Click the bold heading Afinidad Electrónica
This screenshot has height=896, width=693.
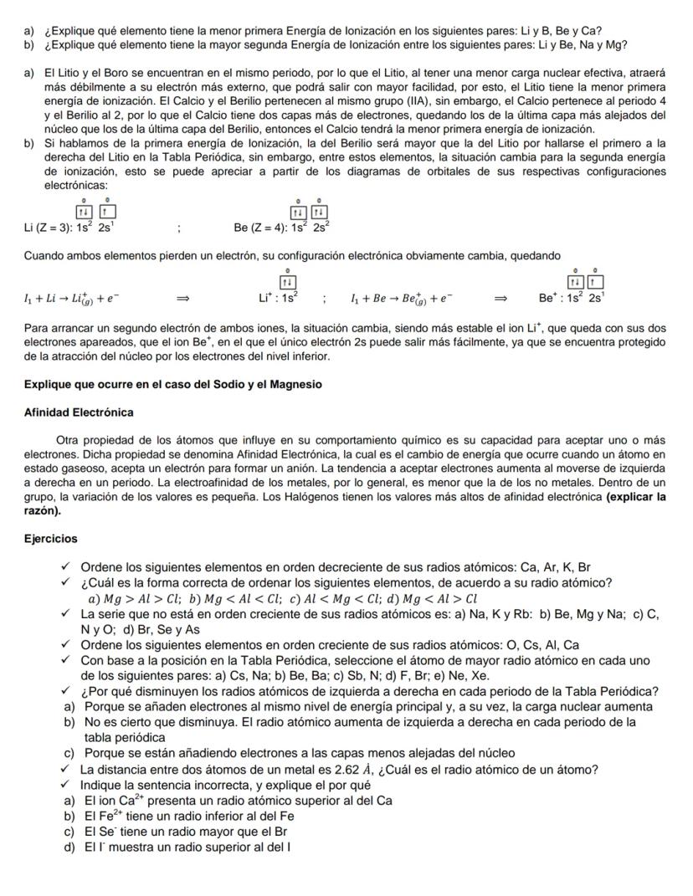(79, 412)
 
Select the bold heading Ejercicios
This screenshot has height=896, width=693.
(51, 539)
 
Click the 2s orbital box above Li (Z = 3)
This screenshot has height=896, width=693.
(109, 212)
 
